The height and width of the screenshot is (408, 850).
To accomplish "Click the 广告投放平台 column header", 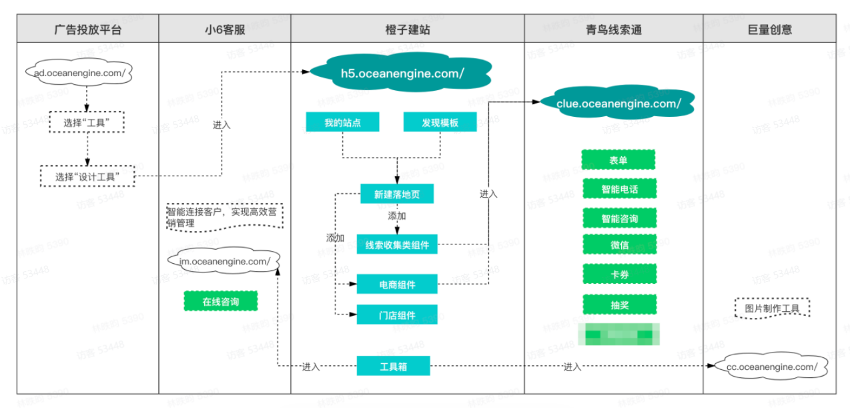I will click(88, 29).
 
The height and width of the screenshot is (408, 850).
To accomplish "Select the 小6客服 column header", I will click(225, 29).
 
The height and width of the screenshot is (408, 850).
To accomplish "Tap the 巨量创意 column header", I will click(770, 29).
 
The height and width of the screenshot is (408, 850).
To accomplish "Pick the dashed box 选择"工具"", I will click(87, 123).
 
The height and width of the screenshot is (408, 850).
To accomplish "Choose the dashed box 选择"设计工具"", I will click(87, 176).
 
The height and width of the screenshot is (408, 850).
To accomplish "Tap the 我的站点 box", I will click(342, 122).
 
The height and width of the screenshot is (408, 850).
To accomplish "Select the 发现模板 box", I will click(440, 122).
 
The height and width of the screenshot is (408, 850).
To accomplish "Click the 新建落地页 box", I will click(397, 194).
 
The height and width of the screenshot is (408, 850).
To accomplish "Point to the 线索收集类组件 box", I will click(397, 245).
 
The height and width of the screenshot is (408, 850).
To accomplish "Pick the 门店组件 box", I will click(397, 315).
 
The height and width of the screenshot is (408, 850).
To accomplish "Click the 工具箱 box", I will click(393, 366).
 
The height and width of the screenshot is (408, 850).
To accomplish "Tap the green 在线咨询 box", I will click(221, 302).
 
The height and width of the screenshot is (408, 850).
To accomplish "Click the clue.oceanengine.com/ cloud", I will click(618, 104).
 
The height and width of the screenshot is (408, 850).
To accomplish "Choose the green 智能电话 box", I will click(618, 189).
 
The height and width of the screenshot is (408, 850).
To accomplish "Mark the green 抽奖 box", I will click(618, 304).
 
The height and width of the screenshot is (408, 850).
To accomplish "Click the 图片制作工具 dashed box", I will click(771, 309).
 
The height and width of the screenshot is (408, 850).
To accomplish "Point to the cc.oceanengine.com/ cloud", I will click(771, 367).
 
